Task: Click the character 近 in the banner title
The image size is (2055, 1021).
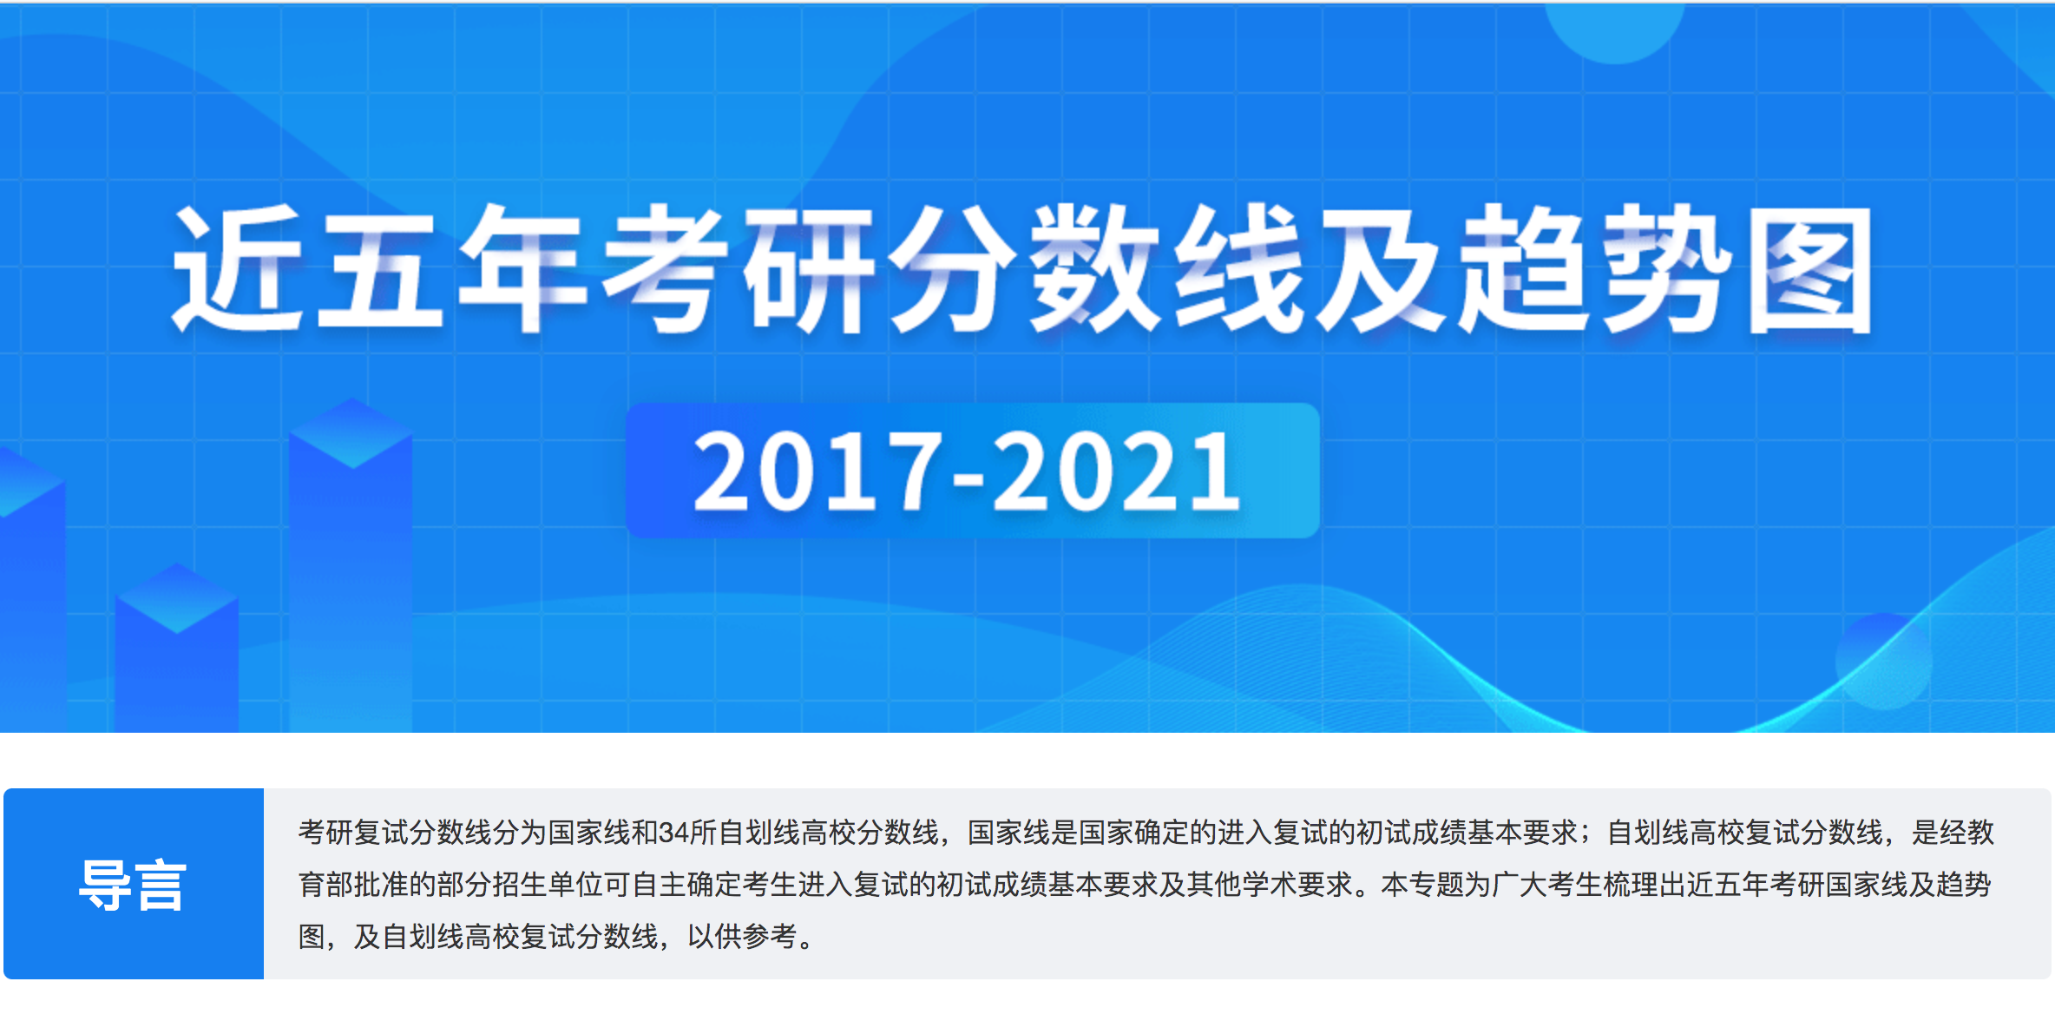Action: click(x=237, y=268)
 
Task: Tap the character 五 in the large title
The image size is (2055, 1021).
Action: click(x=379, y=268)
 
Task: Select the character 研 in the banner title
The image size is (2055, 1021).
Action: click(x=807, y=268)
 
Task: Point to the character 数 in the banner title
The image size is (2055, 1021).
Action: click(x=1093, y=268)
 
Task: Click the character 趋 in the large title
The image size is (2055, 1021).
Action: click(x=1523, y=268)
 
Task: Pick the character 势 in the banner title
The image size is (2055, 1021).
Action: click(x=1666, y=268)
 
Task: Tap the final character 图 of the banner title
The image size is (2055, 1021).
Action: click(x=1810, y=270)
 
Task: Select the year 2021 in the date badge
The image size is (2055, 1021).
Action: click(x=1116, y=471)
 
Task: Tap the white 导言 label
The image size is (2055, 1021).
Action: click(x=133, y=886)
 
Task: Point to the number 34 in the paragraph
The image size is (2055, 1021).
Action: click(x=674, y=833)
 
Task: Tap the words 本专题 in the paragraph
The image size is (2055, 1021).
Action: click(x=1422, y=885)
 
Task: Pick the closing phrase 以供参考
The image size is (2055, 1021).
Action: click(x=742, y=937)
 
